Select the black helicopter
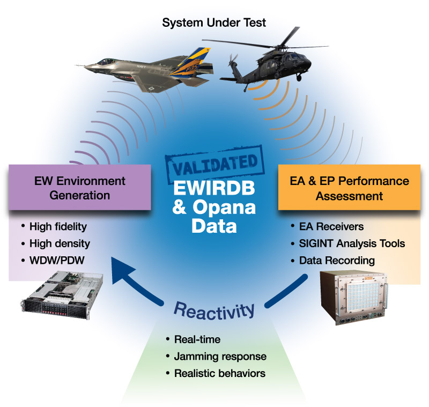(268, 70)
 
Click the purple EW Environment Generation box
(80, 188)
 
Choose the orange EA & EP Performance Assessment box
(349, 188)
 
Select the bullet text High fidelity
(58, 227)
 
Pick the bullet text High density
(60, 243)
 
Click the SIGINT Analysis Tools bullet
(352, 243)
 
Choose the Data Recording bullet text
(337, 261)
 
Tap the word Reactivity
(213, 310)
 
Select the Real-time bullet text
(197, 339)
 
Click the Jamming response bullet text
(220, 356)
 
